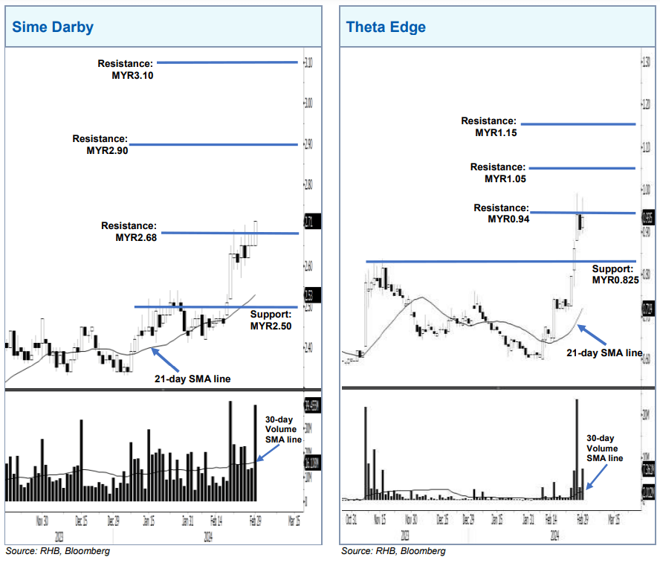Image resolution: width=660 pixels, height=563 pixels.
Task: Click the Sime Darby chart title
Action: (x=52, y=28)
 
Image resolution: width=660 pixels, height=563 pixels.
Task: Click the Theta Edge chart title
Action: (x=386, y=28)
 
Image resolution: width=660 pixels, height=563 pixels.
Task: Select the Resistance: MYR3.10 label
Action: (x=126, y=69)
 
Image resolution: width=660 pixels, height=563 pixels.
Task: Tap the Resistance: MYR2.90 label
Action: (x=100, y=144)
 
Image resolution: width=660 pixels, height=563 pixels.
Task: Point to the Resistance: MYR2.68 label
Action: (x=129, y=232)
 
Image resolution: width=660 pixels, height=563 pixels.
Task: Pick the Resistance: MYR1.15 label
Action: (x=488, y=126)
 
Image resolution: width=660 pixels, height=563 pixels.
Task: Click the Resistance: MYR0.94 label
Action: (x=502, y=213)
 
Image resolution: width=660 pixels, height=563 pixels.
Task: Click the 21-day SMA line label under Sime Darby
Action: (x=192, y=379)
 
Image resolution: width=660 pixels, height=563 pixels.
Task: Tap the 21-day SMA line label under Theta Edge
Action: (x=604, y=353)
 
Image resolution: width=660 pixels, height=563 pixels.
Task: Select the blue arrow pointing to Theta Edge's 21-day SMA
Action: (x=592, y=334)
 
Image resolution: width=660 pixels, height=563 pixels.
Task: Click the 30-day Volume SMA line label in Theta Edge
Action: (x=604, y=448)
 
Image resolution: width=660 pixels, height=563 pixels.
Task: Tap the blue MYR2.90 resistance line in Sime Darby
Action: (x=213, y=144)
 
